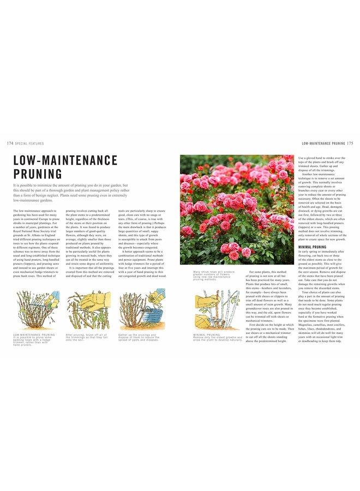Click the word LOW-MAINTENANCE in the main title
tap(65, 160)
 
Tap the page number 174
tap(10, 143)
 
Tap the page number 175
tap(351, 143)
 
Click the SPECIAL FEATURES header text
tap(30, 143)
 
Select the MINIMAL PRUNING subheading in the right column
tap(312, 247)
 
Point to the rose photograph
tap(237, 209)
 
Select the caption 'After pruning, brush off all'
tap(87, 338)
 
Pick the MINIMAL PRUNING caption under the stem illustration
tap(217, 337)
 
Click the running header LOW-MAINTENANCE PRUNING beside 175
tap(323, 143)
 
